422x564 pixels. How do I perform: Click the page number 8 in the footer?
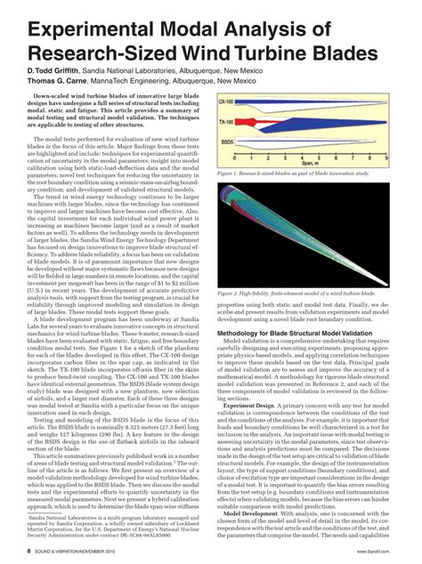[x=29, y=552]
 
